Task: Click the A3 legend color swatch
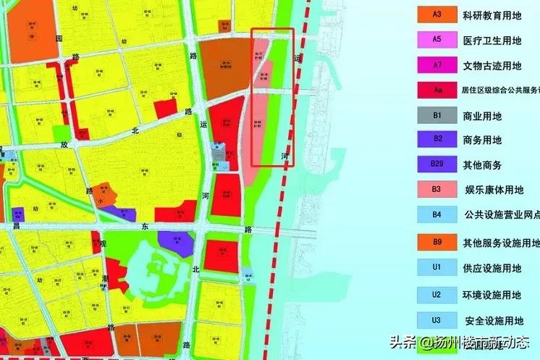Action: point(436,14)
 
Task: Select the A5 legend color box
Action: point(436,41)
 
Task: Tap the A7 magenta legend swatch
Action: point(436,65)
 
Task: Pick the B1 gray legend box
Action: point(436,115)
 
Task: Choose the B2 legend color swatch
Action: point(436,139)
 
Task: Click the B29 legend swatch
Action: point(436,164)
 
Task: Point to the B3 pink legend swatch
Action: point(436,190)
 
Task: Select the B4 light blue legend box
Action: point(436,214)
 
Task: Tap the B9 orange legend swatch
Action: point(436,242)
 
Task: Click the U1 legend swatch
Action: point(436,267)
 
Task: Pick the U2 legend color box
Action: point(436,294)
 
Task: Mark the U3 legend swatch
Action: point(436,320)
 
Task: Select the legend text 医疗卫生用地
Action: point(492,41)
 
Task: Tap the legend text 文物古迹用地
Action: point(492,66)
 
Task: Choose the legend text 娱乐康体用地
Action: point(494,191)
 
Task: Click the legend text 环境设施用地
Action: point(492,295)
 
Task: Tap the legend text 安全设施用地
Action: point(492,321)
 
